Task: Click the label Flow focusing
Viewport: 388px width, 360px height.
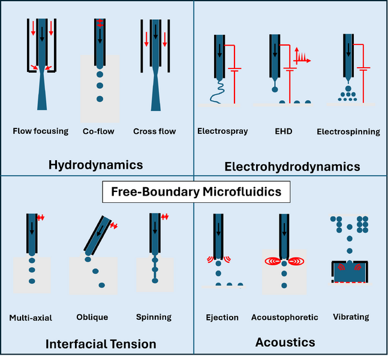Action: (41, 131)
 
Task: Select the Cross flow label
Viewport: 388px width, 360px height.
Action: (155, 131)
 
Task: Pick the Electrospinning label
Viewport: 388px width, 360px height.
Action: (348, 131)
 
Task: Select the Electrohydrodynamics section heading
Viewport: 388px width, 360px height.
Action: (291, 166)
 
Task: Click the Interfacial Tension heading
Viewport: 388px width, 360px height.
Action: (101, 344)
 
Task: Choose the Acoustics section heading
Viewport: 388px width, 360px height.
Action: (285, 342)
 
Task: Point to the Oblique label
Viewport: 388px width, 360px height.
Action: (92, 317)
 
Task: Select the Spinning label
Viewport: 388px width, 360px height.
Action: (154, 317)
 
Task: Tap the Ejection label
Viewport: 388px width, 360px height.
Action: (222, 317)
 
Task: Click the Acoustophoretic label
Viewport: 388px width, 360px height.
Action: (285, 317)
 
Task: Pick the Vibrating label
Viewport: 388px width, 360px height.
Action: (351, 316)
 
